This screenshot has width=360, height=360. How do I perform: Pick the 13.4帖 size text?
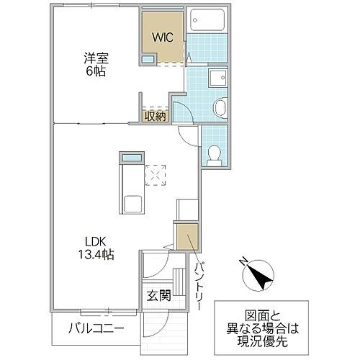96,255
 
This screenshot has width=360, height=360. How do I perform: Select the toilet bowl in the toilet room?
213,152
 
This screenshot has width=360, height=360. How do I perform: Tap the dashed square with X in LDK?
156,175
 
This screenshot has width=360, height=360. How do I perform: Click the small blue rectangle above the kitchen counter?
130,158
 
